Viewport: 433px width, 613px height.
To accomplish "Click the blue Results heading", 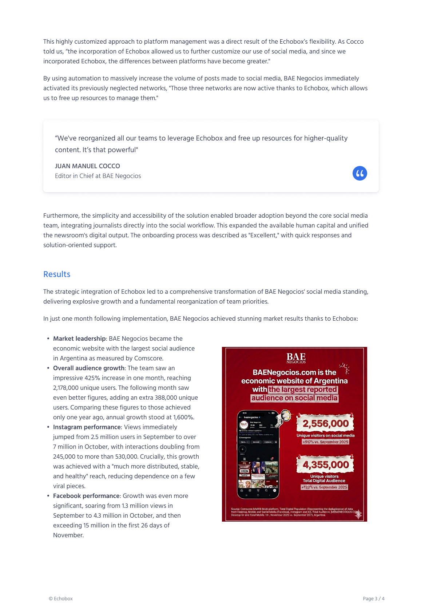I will [57, 274].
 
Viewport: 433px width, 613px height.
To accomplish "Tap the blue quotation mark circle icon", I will [359, 173].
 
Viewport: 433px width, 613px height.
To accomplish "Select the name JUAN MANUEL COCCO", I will [87, 166].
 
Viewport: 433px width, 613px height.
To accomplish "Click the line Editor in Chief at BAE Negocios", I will [98, 176].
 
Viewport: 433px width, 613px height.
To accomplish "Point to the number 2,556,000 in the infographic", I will [326, 423].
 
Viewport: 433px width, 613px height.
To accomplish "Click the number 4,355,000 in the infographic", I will [326, 464].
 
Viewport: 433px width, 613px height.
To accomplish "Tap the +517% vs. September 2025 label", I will [325, 442].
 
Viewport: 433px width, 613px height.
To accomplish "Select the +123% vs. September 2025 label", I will [324, 487].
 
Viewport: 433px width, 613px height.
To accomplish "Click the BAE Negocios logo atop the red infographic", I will [296, 358].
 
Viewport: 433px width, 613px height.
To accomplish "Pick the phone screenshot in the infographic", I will [258, 454].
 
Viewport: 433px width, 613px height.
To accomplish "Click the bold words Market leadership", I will [79, 339].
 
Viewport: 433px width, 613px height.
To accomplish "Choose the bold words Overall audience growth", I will [89, 368].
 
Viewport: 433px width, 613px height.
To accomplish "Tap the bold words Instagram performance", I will [87, 427].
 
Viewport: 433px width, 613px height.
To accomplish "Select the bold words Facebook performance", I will [86, 496].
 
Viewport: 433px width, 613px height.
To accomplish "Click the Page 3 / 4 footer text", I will [373, 598].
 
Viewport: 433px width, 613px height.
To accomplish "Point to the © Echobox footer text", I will [61, 598].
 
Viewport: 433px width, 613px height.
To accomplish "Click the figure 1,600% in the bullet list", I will [183, 417].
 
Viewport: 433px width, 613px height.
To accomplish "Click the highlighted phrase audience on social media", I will [294, 398].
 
